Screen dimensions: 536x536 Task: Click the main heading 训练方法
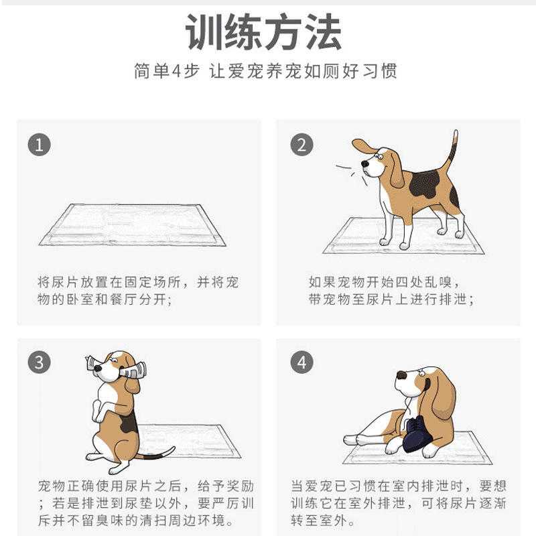[x=263, y=32]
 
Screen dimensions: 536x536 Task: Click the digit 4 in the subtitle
[x=176, y=72]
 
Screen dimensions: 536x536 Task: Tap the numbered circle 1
[x=40, y=145]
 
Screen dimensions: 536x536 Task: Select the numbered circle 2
[x=302, y=145]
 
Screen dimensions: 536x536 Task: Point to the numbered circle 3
[x=40, y=362]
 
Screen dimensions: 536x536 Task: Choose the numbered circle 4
[x=302, y=362]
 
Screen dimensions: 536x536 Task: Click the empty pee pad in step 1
[x=132, y=225]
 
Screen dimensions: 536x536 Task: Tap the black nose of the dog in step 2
[x=365, y=163]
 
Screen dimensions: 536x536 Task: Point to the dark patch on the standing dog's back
[x=425, y=185]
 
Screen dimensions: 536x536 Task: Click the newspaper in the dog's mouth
[x=116, y=368]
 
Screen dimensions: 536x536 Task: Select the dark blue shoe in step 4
[x=418, y=435]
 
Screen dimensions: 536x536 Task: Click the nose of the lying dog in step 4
[x=401, y=375]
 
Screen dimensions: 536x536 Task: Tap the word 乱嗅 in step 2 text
[x=438, y=282]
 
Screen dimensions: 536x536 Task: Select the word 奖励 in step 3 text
[x=240, y=486]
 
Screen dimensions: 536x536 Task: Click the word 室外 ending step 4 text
[x=334, y=521]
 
